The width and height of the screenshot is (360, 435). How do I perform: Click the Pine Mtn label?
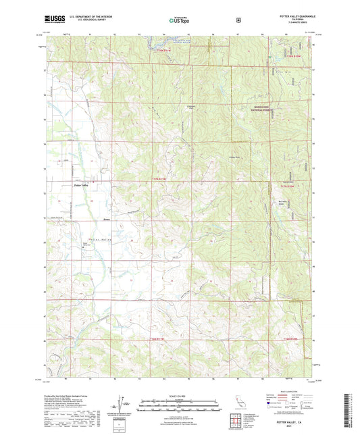tap(282, 68)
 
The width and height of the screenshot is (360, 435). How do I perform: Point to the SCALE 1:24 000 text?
tap(180, 395)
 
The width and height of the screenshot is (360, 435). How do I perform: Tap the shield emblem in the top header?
tap(238, 20)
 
